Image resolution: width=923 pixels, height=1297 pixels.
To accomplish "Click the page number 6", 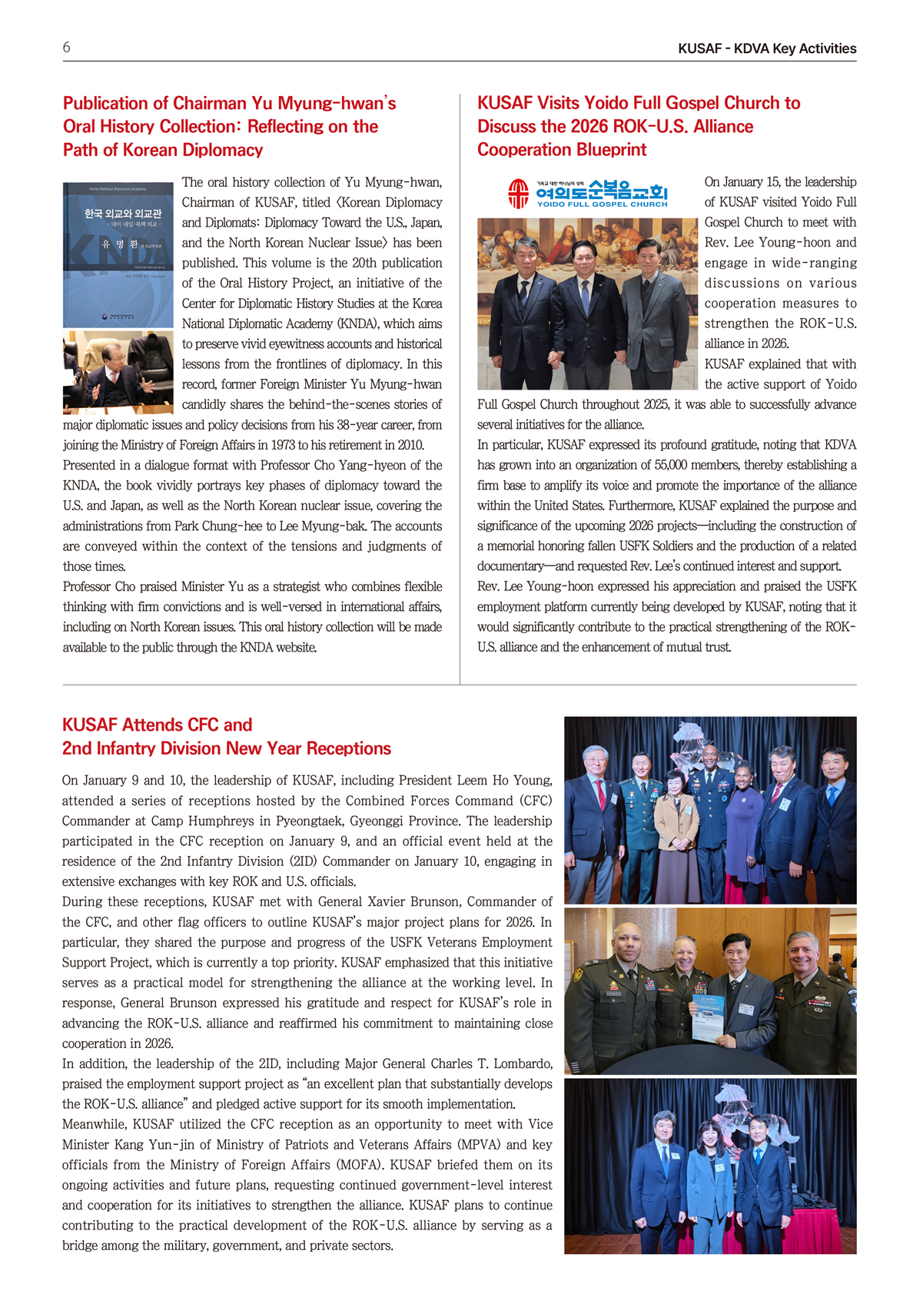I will [67, 48].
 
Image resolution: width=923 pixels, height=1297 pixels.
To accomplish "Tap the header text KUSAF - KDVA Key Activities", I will [766, 48].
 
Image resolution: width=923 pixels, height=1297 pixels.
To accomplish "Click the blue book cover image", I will [118, 254].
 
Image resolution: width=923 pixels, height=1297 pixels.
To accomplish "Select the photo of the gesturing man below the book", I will [118, 373].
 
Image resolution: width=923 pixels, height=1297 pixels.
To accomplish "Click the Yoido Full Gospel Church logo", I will [587, 194].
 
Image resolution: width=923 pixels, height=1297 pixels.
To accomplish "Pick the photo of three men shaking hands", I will [587, 304].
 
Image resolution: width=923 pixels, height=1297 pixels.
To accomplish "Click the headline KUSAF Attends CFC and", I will [157, 725].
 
